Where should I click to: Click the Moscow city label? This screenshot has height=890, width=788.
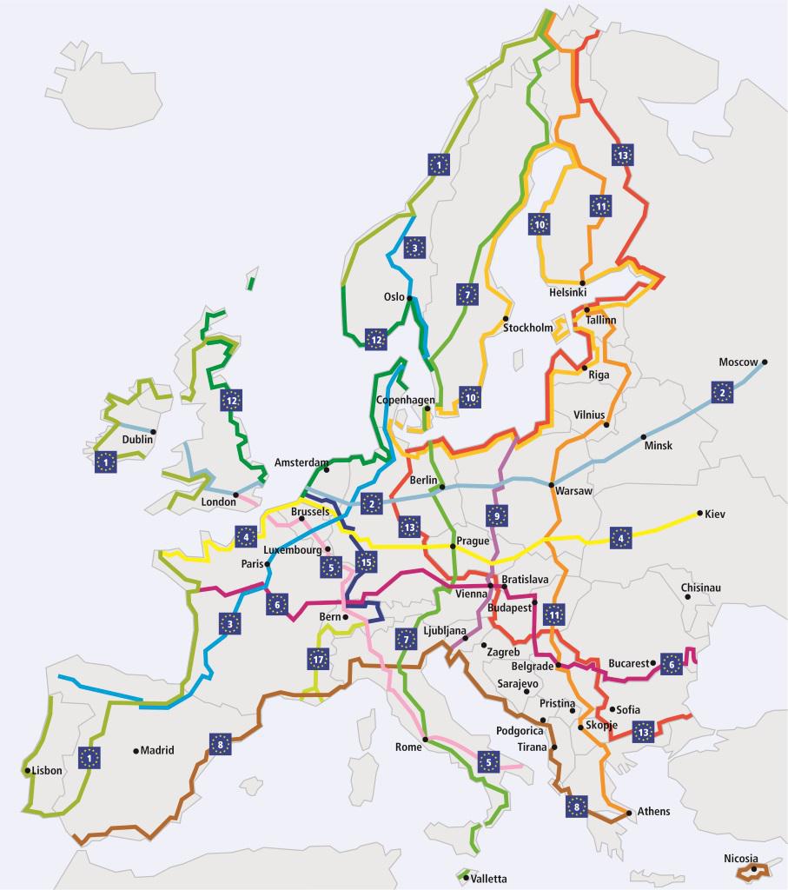coord(738,362)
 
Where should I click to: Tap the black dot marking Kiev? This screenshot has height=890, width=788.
coord(699,514)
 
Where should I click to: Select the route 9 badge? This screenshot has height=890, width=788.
coord(497,515)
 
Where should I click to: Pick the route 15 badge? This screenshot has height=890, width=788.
coord(366,561)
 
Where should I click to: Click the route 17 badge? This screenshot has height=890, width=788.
coord(319,659)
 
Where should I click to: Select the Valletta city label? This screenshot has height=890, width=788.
coord(487,879)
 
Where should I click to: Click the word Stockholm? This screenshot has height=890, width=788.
coord(527,328)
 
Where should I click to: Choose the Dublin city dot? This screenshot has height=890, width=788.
coord(154,432)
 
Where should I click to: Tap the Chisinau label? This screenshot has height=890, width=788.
coord(701,588)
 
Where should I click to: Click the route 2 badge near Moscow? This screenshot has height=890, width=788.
coord(721,392)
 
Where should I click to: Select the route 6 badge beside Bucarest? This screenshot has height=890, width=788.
coord(672,663)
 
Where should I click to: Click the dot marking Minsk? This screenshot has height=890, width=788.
coord(644,436)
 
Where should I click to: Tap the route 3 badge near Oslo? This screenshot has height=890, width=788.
coord(415,248)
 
